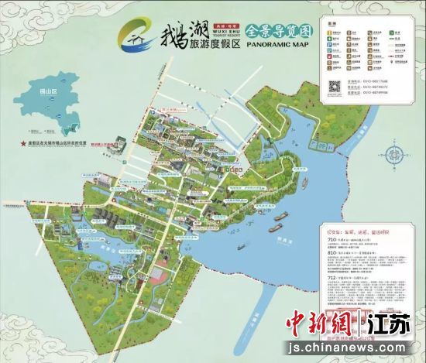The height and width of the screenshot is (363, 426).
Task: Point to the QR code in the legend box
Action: click(x=336, y=87)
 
